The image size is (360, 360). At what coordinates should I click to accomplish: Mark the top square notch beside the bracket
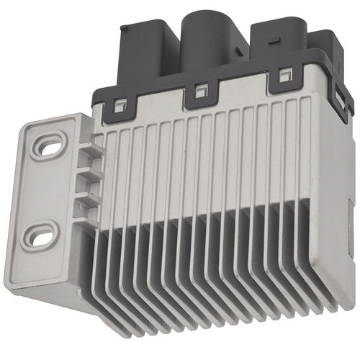pos(86,154)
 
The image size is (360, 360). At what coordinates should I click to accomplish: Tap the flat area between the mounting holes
pos(45,191)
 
